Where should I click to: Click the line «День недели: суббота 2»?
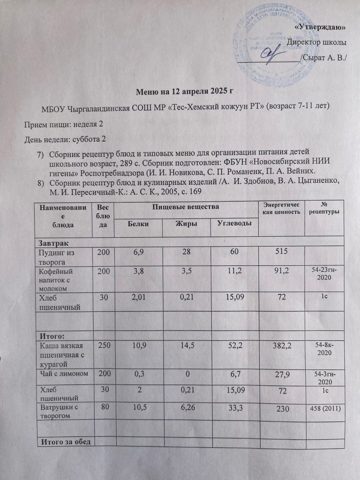65,139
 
